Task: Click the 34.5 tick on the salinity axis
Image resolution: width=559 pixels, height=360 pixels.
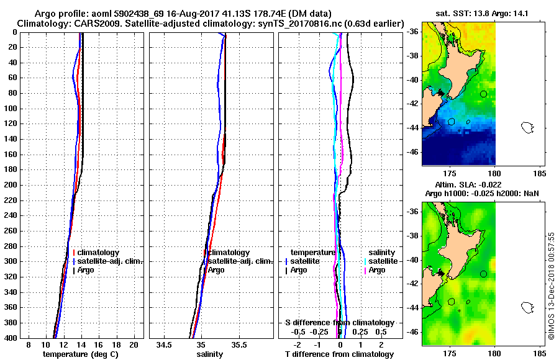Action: [x=164, y=344]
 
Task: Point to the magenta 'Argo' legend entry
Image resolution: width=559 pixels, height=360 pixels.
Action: [x=376, y=270]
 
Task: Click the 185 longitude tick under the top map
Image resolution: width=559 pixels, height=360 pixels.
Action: [x=540, y=173]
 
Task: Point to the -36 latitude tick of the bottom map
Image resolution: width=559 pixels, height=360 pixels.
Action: [x=413, y=212]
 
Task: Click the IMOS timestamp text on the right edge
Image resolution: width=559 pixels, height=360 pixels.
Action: [x=551, y=286]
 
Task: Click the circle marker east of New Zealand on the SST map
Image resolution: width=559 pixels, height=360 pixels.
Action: [x=483, y=94]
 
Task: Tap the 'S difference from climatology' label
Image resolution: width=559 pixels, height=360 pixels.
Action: [x=339, y=323]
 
